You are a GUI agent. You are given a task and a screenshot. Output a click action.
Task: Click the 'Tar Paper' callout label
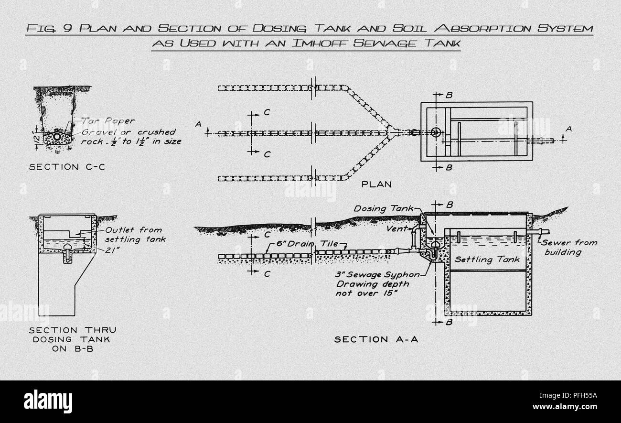[x=108, y=121]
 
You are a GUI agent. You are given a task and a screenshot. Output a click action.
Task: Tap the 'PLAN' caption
[x=376, y=184]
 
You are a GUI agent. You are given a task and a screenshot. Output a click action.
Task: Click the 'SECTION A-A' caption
[x=376, y=339]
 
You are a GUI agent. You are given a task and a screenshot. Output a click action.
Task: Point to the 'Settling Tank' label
[x=487, y=260]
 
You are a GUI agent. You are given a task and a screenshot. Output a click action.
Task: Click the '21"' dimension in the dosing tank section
[x=108, y=249]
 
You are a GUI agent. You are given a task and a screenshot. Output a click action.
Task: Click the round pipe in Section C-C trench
[x=57, y=137]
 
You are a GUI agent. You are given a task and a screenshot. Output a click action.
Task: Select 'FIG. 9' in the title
[x=49, y=28]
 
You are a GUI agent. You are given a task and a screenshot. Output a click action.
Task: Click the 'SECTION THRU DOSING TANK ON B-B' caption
[x=72, y=339]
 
